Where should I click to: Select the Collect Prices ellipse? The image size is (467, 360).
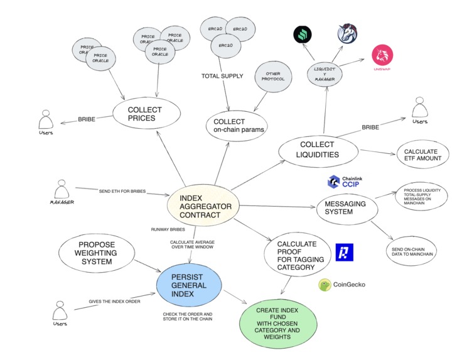[146, 114]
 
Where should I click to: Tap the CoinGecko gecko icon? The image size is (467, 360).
[325, 285]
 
